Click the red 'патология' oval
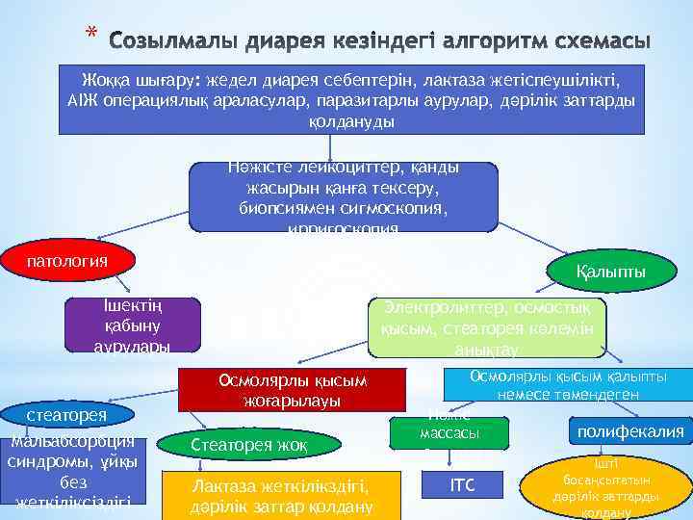click(66, 261)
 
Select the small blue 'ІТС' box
click(463, 487)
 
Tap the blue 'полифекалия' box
click(630, 431)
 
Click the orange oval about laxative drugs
click(605, 487)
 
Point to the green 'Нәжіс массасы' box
click(449, 430)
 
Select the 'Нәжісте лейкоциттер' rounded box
click(343, 196)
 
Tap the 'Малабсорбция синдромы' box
click(73, 471)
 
